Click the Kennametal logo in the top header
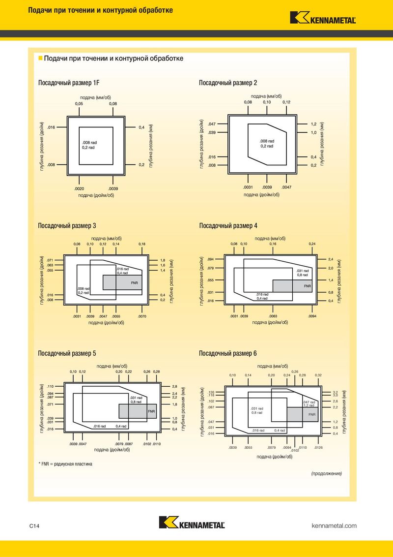pos(323,18)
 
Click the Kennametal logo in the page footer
pos(192,522)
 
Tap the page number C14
pos(34,526)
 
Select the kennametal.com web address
pos(334,526)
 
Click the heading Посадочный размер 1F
pos(69,83)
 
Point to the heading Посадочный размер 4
pos(228,225)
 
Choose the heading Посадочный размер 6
pos(228,353)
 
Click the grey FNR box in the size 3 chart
pos(122,282)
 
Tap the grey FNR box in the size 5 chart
pos(138,411)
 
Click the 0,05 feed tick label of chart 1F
pos(79,104)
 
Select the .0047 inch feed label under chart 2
pos(286,187)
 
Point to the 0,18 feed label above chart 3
pos(142,244)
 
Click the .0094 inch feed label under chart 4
pos(312,316)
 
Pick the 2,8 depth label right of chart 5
pos(174,386)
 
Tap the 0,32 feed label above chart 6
pos(318,375)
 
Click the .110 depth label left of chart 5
pos(50,386)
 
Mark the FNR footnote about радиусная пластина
pos(65,464)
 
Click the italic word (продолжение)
pos(327,473)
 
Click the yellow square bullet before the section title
pos(40,58)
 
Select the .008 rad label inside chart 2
pos(267,141)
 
